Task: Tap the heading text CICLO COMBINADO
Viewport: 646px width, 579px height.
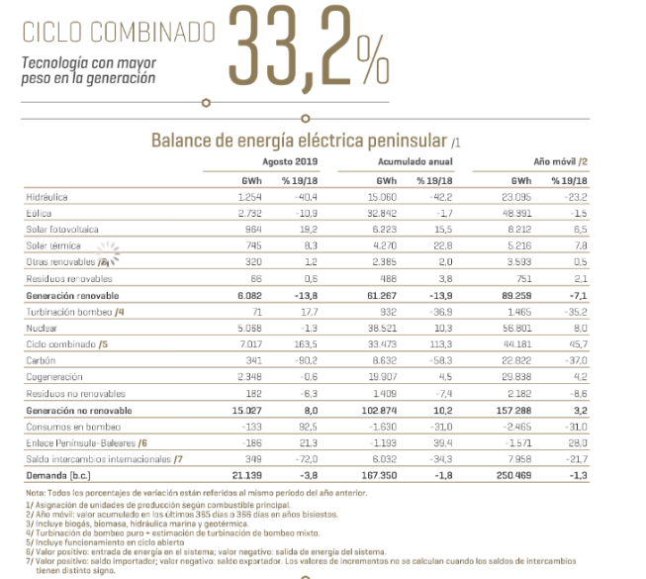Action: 118,32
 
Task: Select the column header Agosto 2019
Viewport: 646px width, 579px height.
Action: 288,160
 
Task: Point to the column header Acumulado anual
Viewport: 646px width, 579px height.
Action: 415,160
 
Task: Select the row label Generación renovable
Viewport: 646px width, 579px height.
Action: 73,294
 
